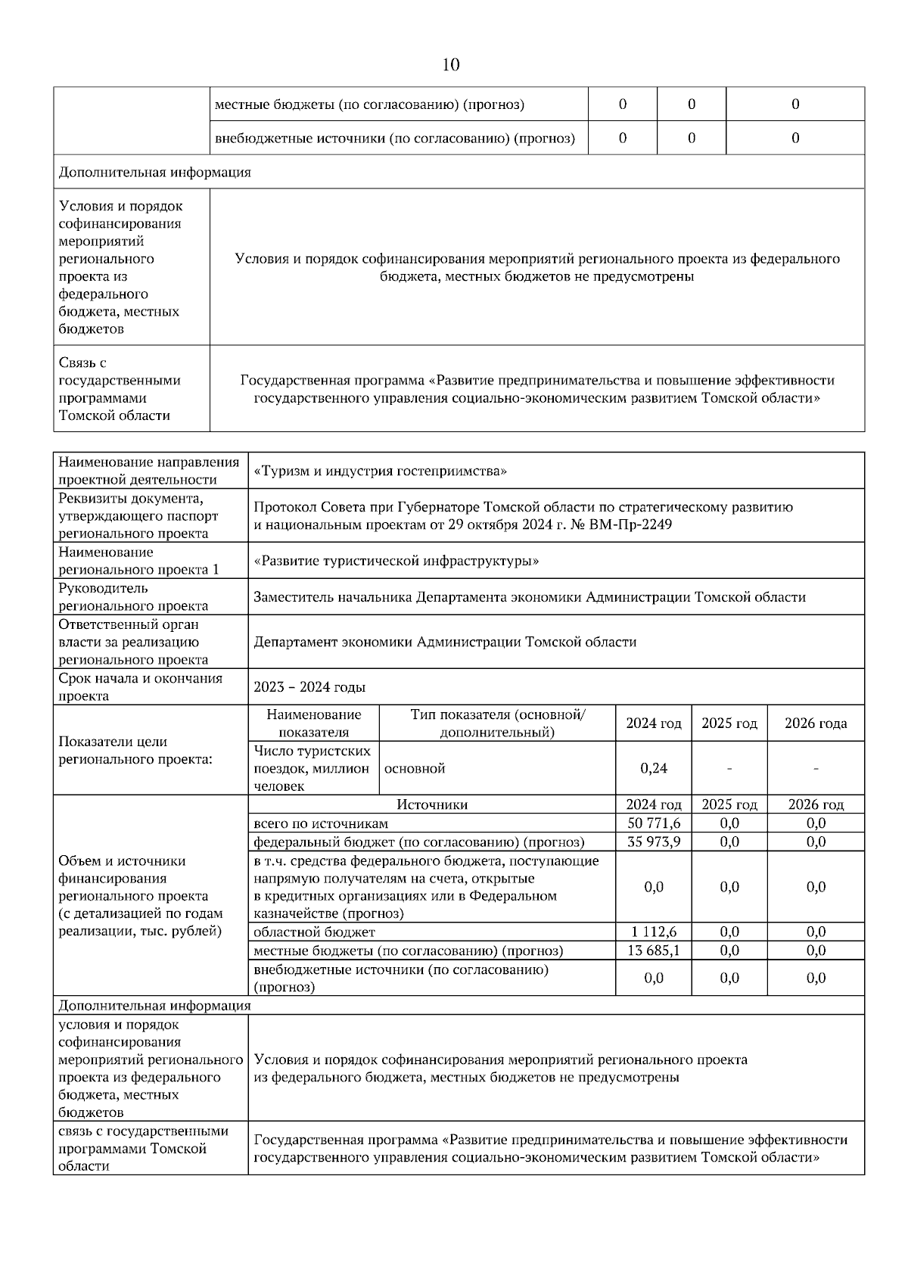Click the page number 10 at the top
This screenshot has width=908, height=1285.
(450, 65)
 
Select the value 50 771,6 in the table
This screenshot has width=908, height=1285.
(654, 823)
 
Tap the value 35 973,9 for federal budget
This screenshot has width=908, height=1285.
(654, 842)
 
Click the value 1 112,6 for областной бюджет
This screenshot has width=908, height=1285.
(654, 932)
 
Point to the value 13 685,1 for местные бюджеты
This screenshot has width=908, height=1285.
(654, 951)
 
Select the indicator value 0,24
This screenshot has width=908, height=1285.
(654, 768)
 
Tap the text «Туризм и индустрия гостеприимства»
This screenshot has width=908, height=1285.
(380, 471)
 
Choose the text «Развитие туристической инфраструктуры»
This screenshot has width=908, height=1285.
(396, 561)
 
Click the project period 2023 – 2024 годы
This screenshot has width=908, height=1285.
(309, 687)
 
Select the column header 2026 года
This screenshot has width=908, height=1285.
(816, 723)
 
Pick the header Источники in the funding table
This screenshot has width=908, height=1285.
(432, 805)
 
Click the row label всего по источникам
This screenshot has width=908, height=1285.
(321, 823)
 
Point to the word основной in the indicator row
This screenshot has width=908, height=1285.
(415, 769)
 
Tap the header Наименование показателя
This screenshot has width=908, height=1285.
(314, 723)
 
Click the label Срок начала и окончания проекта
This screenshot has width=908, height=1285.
(141, 687)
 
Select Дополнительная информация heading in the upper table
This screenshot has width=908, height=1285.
(154, 173)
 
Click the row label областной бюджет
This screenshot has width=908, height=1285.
(314, 932)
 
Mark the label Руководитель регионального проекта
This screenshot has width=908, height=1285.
(133, 597)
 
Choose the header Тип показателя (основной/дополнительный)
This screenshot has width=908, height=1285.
(497, 723)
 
